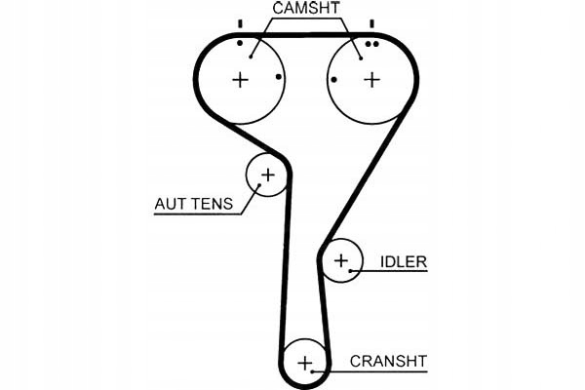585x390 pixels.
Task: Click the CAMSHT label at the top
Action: [x=306, y=8]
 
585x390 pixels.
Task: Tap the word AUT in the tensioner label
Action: [x=170, y=204]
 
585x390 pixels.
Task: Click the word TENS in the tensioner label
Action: [x=213, y=204]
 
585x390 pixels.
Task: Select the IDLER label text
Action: [x=404, y=261]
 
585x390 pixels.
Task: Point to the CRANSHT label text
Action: [x=388, y=362]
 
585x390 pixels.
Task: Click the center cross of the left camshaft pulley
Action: [x=240, y=80]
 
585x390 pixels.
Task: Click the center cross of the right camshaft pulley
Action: [x=371, y=80]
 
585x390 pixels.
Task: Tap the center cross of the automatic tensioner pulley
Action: [x=268, y=175]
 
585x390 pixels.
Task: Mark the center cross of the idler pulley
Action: [x=341, y=260]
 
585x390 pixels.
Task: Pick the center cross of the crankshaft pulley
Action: [x=305, y=363]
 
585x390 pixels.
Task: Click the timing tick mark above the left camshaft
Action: [x=240, y=23]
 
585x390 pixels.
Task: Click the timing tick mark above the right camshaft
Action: [x=371, y=23]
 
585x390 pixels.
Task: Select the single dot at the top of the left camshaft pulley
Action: [x=240, y=43]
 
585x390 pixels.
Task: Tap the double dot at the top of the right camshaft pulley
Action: [x=372, y=44]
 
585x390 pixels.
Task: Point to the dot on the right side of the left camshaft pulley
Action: [x=279, y=77]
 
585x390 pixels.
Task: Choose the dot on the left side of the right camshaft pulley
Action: [x=333, y=80]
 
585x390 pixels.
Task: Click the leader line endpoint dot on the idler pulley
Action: [x=350, y=271]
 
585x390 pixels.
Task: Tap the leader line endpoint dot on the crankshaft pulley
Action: [x=312, y=371]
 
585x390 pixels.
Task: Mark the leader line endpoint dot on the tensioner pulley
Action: [x=259, y=184]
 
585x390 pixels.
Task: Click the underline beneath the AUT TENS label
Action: [x=198, y=214]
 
